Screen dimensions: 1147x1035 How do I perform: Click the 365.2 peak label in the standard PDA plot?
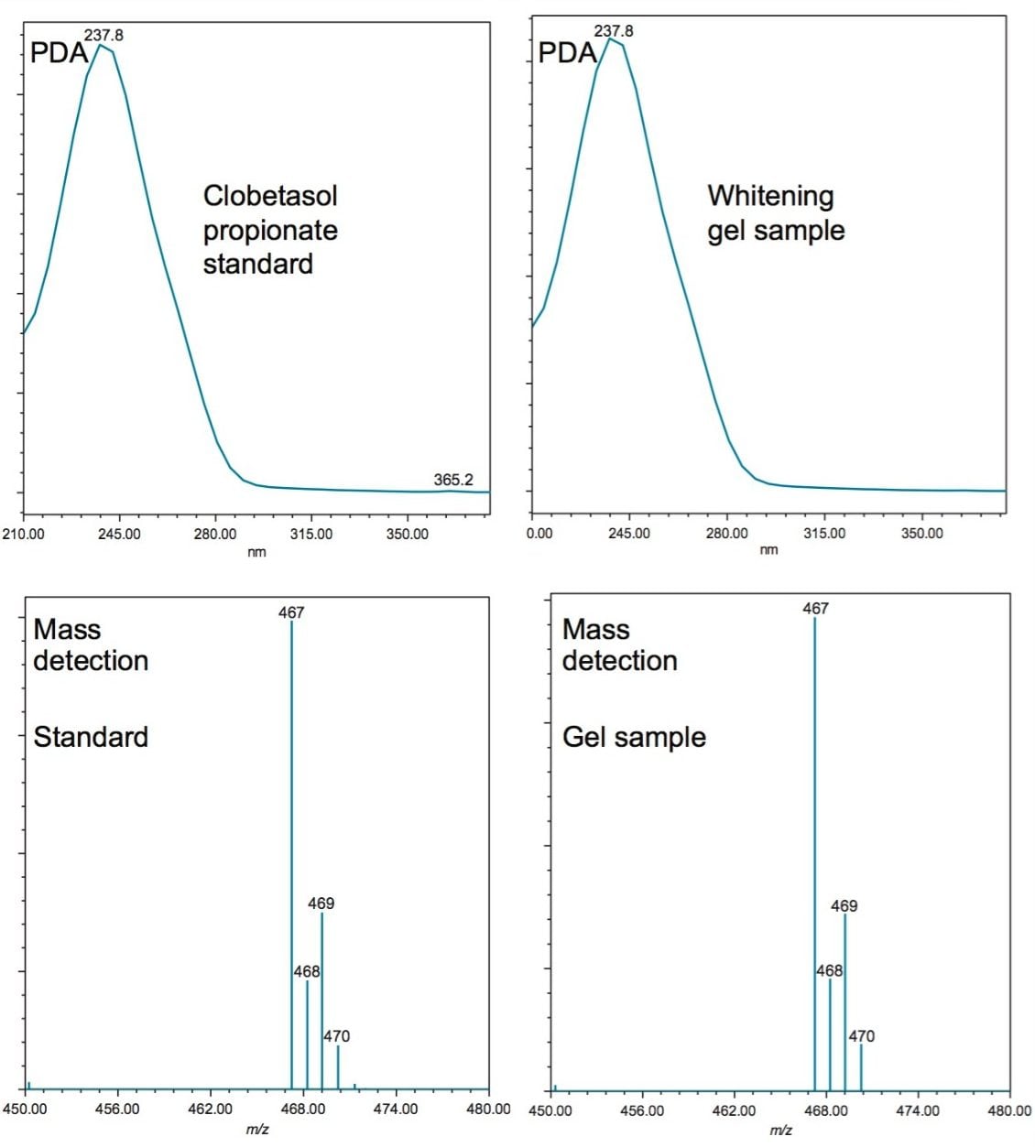453,480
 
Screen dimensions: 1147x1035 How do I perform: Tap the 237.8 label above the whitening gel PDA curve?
614,31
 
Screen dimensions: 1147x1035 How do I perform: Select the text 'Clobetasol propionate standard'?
270,230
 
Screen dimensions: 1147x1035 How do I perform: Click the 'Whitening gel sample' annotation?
775,212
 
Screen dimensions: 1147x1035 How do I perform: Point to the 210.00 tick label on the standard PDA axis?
24,534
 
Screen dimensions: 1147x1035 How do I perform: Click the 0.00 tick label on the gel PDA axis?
540,534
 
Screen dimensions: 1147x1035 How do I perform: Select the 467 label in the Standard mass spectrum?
291,612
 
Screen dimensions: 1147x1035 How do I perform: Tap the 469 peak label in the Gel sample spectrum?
844,905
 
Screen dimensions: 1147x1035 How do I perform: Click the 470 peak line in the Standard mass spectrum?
338,1066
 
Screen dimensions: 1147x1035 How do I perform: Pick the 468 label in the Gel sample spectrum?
829,970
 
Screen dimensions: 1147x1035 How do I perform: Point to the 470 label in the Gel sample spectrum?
861,1036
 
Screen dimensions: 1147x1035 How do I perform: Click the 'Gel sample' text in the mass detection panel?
634,737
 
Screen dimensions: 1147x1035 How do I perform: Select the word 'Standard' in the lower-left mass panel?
91,737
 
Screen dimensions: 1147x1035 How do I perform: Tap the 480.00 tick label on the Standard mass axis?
488,1109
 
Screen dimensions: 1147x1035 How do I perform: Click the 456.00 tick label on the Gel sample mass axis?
642,1110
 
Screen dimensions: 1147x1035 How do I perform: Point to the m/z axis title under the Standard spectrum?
257,1131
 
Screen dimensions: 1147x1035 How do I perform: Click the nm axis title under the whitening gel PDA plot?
768,549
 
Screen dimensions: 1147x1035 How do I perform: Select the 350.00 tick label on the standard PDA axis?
407,534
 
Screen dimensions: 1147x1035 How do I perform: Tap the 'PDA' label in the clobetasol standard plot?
59,52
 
